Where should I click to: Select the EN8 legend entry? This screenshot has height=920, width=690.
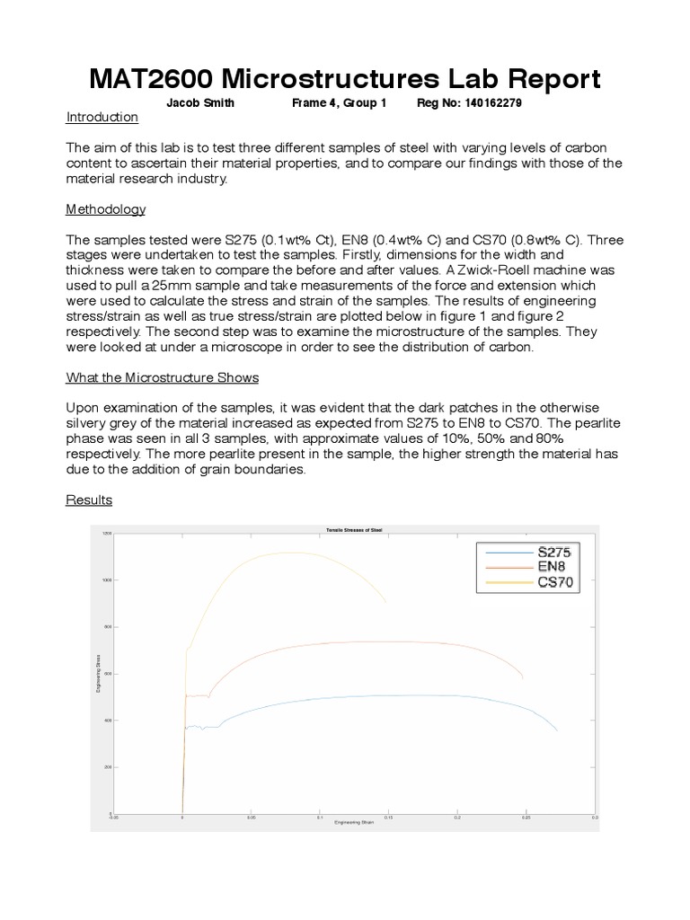[x=551, y=567]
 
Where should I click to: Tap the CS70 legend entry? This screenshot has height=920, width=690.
[x=554, y=582]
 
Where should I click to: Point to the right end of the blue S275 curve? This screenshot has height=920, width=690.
[x=557, y=730]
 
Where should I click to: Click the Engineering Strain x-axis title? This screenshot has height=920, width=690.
[x=353, y=823]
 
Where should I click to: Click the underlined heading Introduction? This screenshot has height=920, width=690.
[x=102, y=118]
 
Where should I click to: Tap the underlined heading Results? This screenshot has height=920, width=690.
[x=89, y=500]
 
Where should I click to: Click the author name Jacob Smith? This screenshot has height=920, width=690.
[x=200, y=103]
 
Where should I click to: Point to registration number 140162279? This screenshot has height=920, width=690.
[x=493, y=103]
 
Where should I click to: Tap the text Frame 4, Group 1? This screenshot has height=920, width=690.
[x=339, y=103]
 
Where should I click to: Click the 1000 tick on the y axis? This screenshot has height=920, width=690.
[x=107, y=580]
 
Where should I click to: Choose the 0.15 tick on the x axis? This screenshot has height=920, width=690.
[x=388, y=818]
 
